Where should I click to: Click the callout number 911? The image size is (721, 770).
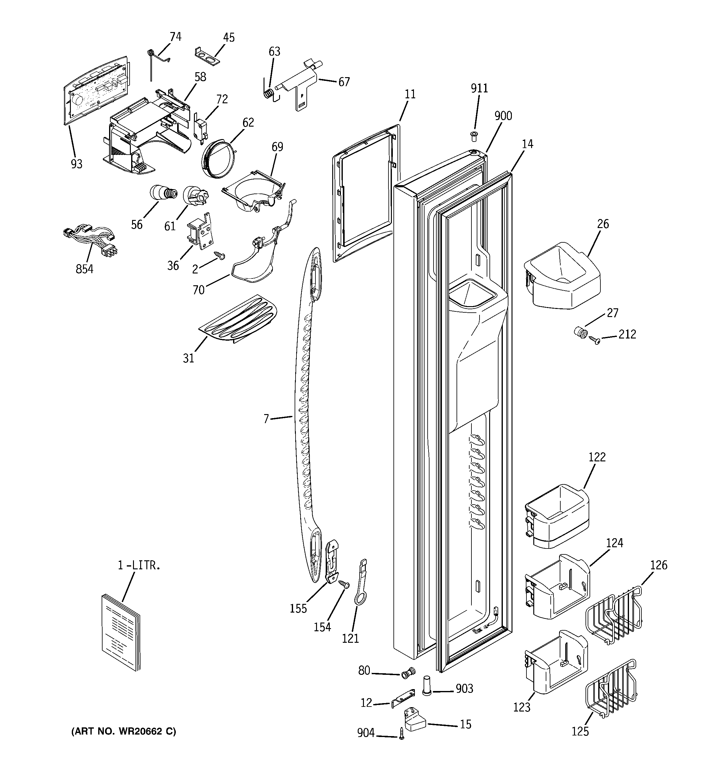479,88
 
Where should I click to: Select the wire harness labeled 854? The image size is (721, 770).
90,239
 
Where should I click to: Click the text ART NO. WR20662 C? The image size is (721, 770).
123,731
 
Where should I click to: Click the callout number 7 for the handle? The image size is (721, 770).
266,419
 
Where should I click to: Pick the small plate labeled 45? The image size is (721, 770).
207,55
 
